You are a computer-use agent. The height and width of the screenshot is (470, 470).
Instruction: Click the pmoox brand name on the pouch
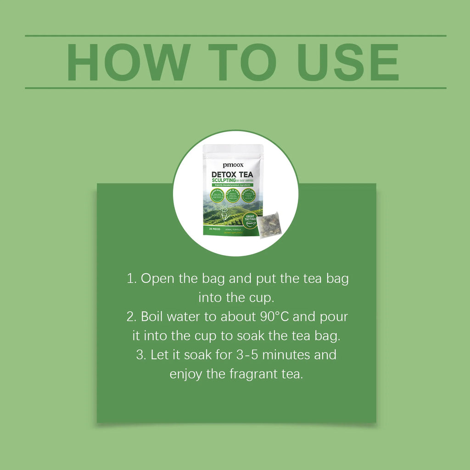[x=232, y=164]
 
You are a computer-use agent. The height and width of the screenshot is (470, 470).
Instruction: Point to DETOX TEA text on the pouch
[x=232, y=174]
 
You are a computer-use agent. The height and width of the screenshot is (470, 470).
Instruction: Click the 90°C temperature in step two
[x=293, y=317]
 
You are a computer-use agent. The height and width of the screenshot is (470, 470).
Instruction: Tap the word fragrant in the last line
[x=253, y=374]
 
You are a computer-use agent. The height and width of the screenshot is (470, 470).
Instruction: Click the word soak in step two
[x=250, y=336]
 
